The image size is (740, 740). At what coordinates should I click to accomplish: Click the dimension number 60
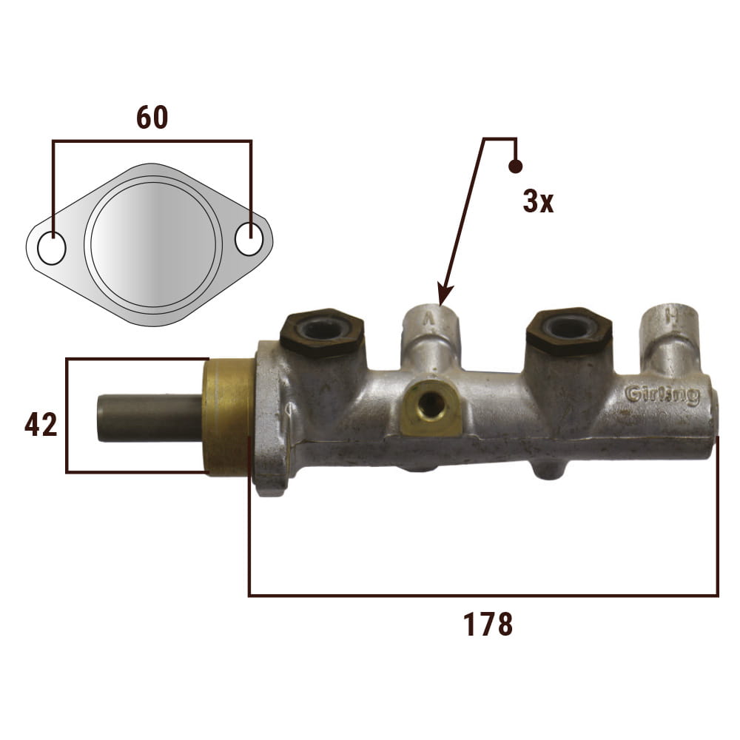[152, 118]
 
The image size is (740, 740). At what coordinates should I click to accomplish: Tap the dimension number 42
[41, 424]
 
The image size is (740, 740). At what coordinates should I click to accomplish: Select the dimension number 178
[488, 625]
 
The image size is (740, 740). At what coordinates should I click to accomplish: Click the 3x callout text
[538, 201]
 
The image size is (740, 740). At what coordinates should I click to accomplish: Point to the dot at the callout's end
[515, 166]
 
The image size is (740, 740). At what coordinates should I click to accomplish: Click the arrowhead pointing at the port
[444, 295]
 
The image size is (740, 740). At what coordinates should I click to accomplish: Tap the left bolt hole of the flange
[52, 248]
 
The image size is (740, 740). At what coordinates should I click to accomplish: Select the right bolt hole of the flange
[249, 238]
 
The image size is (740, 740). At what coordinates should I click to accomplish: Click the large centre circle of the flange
[153, 244]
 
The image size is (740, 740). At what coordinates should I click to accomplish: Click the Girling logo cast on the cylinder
[662, 394]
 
